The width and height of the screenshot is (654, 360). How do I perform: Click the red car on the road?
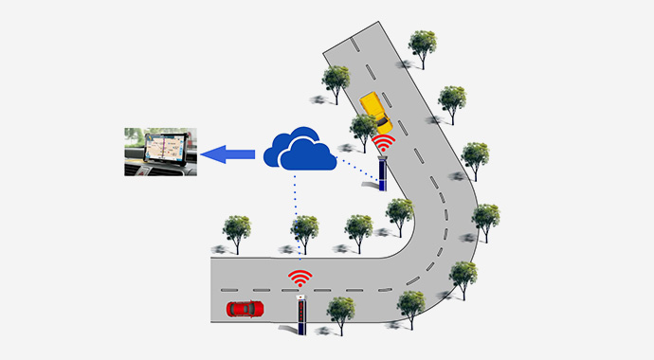(245, 308)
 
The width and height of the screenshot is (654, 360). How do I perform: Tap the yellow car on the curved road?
(376, 112)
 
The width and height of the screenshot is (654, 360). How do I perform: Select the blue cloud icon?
(300, 150)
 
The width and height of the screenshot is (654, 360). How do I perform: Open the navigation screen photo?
(160, 152)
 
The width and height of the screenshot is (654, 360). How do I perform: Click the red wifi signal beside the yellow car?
(384, 143)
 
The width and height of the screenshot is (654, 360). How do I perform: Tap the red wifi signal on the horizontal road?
(300, 279)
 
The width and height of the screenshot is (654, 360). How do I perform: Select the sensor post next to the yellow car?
(383, 173)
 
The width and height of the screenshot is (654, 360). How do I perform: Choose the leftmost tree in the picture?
(236, 229)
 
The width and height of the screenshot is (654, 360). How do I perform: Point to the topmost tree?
(422, 45)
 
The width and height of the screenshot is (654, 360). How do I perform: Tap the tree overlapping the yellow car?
(363, 129)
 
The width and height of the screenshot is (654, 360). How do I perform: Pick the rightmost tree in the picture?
(485, 217)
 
